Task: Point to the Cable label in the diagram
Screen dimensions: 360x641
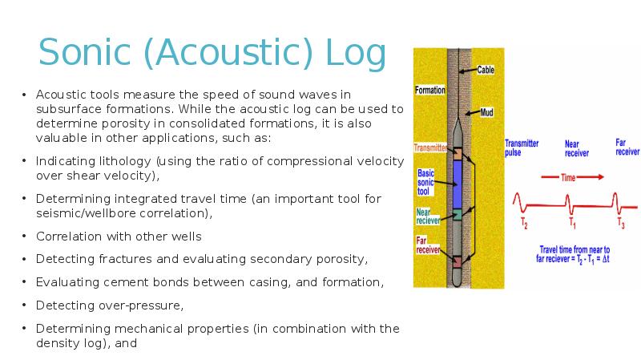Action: click(x=486, y=70)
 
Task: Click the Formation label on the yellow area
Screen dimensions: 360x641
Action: click(x=430, y=90)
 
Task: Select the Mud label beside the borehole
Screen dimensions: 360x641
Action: click(x=486, y=113)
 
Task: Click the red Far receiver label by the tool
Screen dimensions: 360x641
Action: click(x=427, y=245)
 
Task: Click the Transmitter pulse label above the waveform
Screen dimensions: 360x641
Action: click(x=522, y=148)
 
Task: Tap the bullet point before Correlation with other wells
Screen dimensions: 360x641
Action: click(x=24, y=237)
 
